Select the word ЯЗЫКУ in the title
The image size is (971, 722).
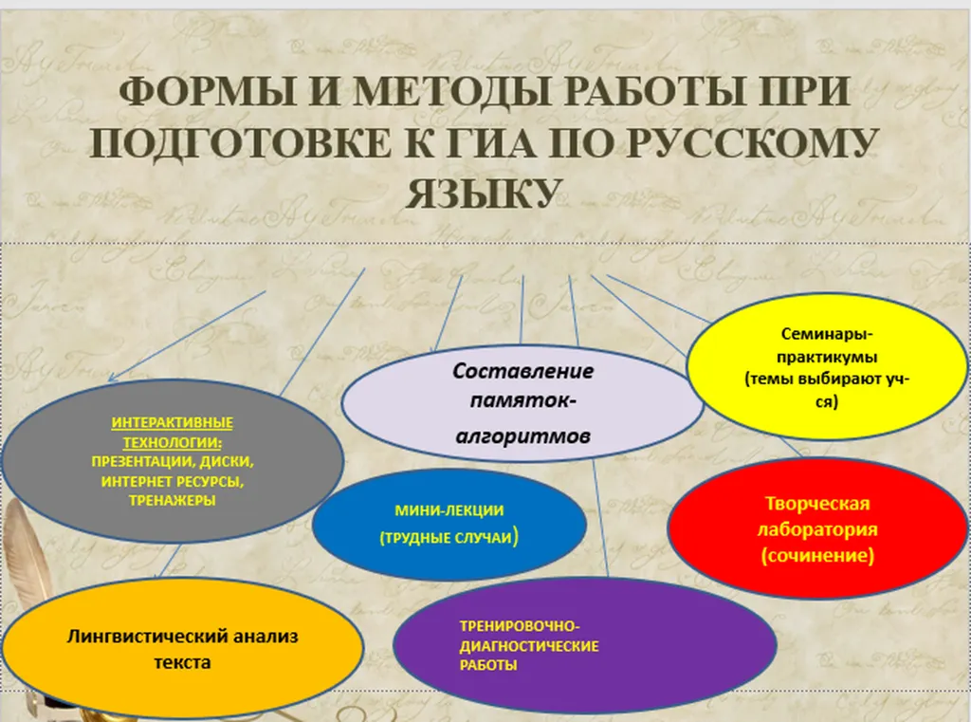click(484, 194)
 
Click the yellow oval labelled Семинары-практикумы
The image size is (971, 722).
click(827, 367)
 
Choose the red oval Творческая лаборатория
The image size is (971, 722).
click(817, 528)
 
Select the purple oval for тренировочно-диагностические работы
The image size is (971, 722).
click(584, 644)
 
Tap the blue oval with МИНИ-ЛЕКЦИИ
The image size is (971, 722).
click(449, 525)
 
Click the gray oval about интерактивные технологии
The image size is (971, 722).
click(173, 461)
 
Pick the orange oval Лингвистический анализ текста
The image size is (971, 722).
click(182, 648)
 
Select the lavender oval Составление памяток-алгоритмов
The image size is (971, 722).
click(522, 403)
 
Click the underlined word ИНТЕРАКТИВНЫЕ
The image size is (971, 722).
click(173, 422)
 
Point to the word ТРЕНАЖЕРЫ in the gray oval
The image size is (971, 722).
click(173, 500)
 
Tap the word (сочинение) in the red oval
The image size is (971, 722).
click(817, 555)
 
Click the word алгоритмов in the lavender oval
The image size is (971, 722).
click(522, 436)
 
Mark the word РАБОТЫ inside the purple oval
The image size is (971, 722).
click(488, 666)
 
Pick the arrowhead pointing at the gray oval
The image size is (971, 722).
click(112, 377)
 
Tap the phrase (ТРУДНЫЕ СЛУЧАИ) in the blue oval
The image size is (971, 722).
click(449, 537)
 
